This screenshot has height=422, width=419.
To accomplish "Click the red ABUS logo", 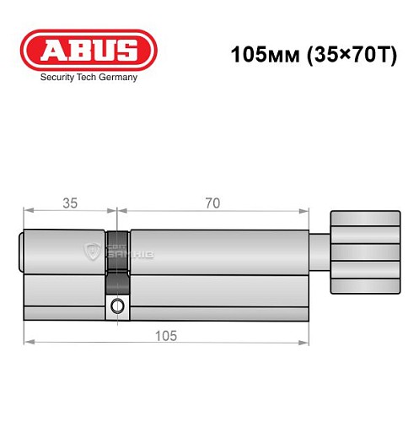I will click(89, 50).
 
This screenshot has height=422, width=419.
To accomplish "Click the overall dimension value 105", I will click(165, 335).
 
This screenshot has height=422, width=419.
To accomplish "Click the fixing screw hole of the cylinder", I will click(117, 305).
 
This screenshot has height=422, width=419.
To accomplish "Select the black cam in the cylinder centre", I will click(117, 253).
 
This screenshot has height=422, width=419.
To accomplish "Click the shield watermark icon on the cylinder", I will click(92, 251).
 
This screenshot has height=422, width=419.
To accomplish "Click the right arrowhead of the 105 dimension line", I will click(306, 342).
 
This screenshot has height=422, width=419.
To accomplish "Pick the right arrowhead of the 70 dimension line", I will click(306, 211).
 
